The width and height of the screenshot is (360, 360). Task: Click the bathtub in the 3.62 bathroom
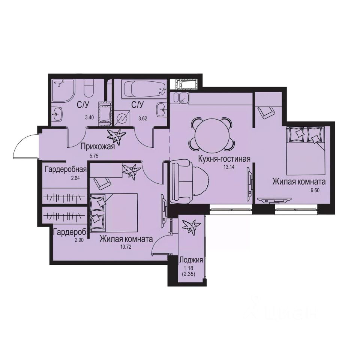tap(141, 90)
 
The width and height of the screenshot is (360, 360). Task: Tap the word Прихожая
tap(97, 147)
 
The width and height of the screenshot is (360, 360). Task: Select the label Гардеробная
tap(66, 169)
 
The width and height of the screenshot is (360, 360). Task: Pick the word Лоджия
tap(191, 260)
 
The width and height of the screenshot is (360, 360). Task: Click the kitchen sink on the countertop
tap(180, 98)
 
